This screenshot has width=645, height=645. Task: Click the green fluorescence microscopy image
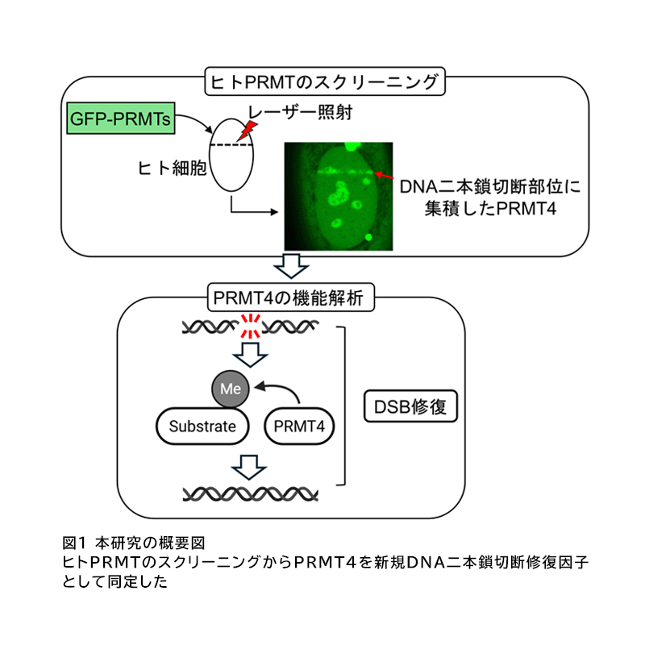coord(338,195)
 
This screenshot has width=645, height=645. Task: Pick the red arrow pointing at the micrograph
coord(385,175)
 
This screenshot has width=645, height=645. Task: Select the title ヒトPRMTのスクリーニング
coord(322,82)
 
